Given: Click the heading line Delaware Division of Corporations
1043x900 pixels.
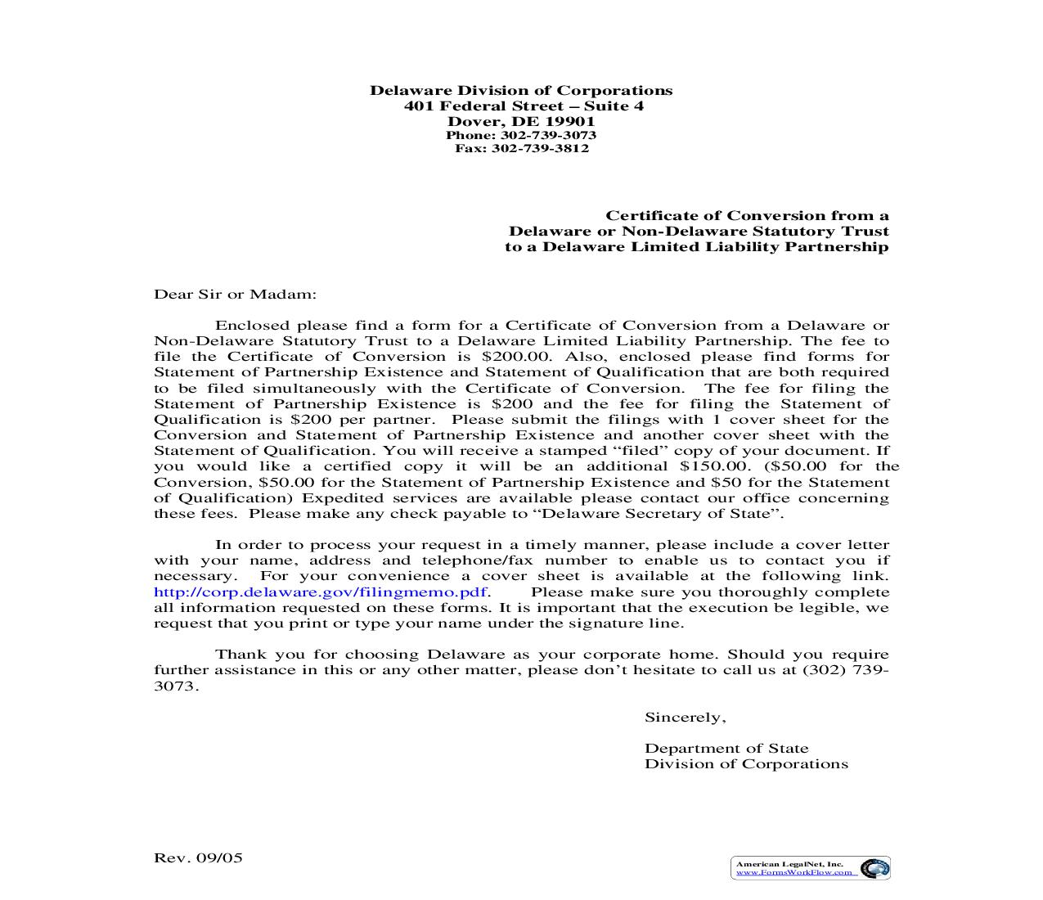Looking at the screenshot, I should point(521,91).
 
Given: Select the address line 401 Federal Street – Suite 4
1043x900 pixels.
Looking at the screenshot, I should point(524,106).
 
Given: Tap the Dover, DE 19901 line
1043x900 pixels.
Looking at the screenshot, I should point(521,122).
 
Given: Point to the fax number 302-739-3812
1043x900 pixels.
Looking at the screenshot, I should point(540,148).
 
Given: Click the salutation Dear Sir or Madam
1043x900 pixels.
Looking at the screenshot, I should point(235,295).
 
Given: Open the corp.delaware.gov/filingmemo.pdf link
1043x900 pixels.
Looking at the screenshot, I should point(321,592).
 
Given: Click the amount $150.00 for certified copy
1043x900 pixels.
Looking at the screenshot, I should point(714,466).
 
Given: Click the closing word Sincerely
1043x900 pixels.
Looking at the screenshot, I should point(685,718).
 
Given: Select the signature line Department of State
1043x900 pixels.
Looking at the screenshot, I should point(726,749).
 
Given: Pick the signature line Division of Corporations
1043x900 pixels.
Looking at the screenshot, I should point(746,764).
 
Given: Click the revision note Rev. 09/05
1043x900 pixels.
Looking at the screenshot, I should point(199,858).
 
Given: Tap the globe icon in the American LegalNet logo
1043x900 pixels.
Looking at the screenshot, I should point(874,868).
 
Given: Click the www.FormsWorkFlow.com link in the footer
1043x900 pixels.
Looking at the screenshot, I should point(796,873).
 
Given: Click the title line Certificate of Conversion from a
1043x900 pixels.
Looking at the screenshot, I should point(746,216).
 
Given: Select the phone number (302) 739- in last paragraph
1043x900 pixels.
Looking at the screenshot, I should point(846,670).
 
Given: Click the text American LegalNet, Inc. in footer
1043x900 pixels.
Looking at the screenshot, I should point(789,864).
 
